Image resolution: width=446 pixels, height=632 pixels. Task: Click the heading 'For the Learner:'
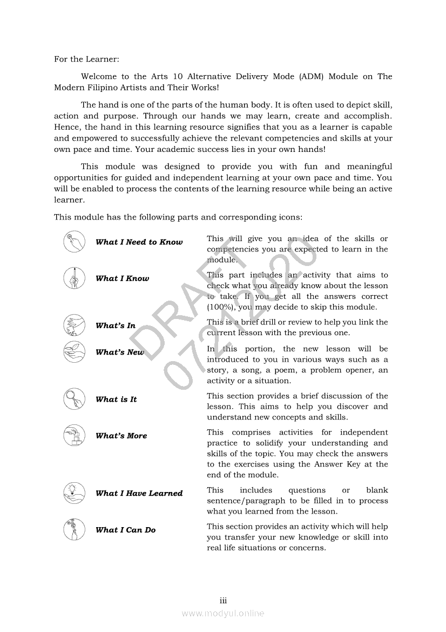point(86,59)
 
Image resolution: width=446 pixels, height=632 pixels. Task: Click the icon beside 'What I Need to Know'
point(74,241)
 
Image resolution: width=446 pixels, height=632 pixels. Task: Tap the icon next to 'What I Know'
point(74,278)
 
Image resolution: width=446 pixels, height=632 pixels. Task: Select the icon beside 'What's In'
point(74,325)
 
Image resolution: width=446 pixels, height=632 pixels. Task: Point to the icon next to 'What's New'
point(74,351)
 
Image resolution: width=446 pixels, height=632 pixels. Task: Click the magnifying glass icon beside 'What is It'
point(74,399)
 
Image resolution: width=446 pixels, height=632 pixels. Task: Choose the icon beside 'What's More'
point(74,435)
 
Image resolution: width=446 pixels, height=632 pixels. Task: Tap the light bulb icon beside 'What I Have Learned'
point(74,493)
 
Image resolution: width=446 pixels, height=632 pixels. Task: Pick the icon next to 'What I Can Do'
point(74,529)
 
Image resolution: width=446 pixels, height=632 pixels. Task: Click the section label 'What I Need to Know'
point(139,242)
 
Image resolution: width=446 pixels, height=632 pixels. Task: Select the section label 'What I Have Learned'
point(139,493)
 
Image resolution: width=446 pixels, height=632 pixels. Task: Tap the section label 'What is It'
point(116,400)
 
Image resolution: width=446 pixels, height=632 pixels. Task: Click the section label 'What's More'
point(121,436)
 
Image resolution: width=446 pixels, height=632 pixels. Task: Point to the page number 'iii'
point(223,601)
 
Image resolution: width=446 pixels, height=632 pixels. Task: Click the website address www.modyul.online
point(223,613)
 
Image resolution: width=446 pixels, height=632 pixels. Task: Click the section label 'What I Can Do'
point(125,530)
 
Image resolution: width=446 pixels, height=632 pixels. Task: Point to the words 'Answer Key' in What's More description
point(341,464)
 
